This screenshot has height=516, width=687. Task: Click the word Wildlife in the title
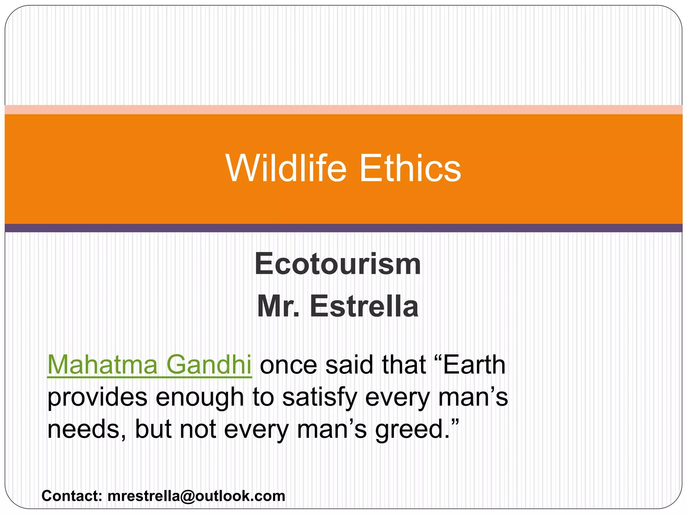(286, 168)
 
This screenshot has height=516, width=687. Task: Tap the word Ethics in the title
(410, 168)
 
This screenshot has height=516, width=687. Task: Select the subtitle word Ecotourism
(337, 264)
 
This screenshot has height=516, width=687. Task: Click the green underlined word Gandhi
(209, 365)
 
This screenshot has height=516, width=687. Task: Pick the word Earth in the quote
(474, 365)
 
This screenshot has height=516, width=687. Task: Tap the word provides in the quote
(98, 397)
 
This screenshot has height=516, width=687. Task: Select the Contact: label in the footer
(72, 496)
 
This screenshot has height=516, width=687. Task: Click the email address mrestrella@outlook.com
(196, 496)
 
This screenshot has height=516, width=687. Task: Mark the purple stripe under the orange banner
(343, 228)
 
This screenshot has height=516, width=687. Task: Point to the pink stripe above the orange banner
(343, 110)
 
